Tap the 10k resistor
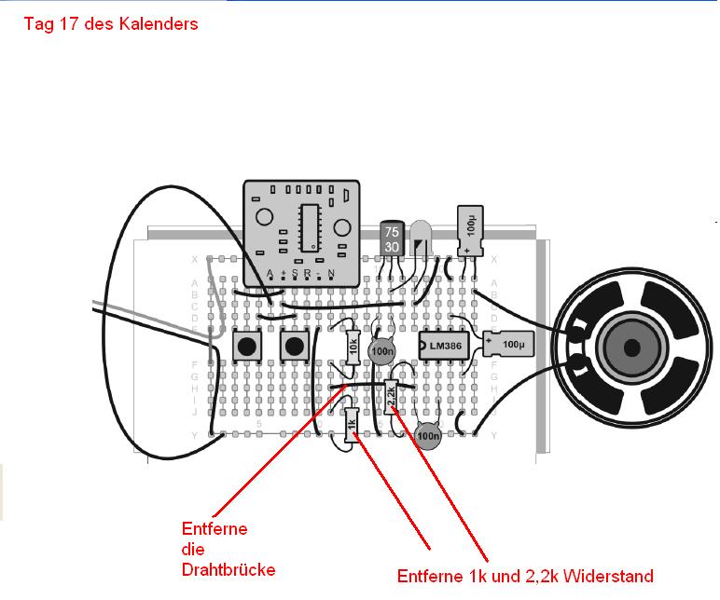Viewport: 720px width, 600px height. coord(353,348)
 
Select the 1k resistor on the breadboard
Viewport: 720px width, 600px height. coord(352,426)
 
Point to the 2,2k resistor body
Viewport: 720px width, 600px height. coord(391,397)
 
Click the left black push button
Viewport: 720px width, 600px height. coord(246,347)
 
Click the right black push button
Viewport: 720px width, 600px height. coord(294,347)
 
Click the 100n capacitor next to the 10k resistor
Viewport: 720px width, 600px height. coord(381,351)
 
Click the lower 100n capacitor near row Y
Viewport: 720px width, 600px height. coord(428,433)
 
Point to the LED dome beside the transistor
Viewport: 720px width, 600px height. coord(421,234)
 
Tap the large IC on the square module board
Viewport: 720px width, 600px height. coord(309,225)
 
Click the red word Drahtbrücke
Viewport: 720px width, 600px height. coord(228,569)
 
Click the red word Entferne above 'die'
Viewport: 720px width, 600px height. coord(215,528)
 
